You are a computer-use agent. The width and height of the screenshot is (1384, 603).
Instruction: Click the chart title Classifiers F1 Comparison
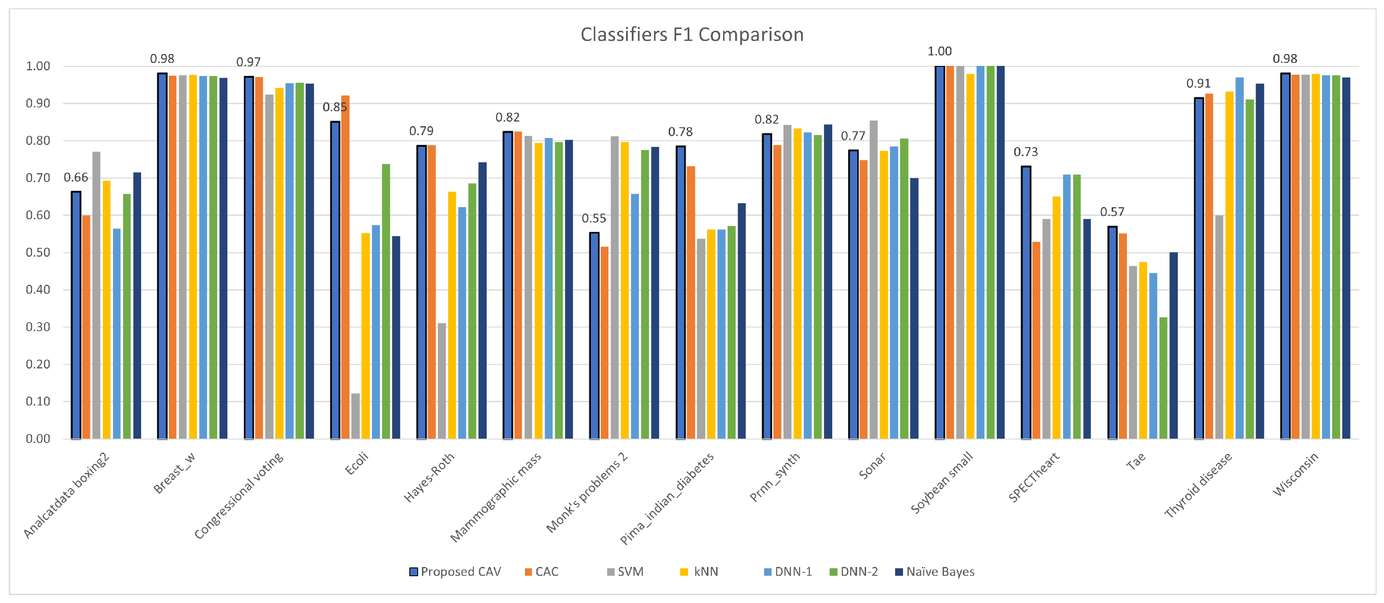(692, 34)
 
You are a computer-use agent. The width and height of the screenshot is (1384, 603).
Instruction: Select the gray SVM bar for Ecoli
(355, 416)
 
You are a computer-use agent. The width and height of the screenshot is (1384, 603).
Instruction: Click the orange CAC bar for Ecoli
(345, 269)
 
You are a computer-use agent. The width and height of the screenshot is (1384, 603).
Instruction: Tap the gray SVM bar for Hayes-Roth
(442, 381)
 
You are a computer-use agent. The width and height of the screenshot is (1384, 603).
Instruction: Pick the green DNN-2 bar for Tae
(1163, 378)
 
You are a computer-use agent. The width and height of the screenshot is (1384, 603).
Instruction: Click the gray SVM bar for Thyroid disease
(1219, 327)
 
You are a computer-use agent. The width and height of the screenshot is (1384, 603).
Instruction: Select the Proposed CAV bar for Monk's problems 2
(594, 336)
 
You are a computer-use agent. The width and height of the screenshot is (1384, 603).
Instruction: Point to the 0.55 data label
(593, 218)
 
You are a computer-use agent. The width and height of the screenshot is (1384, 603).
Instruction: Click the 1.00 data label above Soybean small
(939, 51)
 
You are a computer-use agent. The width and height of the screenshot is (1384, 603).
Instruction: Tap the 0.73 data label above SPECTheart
(1025, 152)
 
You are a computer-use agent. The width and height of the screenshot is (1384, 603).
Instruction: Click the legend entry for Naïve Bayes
(934, 572)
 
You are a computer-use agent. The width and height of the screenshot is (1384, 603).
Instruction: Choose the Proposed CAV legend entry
(455, 572)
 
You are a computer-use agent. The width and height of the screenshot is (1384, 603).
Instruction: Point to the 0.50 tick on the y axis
(38, 252)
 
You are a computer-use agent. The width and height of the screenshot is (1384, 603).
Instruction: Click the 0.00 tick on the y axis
(38, 439)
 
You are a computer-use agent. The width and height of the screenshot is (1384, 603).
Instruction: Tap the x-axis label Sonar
(872, 466)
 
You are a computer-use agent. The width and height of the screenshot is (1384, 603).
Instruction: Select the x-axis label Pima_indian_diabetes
(667, 498)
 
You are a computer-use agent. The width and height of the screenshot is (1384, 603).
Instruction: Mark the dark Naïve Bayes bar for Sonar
(914, 309)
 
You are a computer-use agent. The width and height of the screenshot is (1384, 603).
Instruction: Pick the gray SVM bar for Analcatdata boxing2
(96, 295)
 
